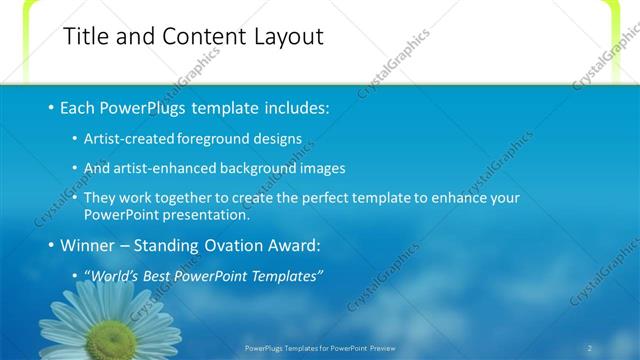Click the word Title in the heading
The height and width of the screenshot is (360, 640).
pos(86,37)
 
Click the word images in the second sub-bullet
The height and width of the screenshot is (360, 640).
pos(323,168)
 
